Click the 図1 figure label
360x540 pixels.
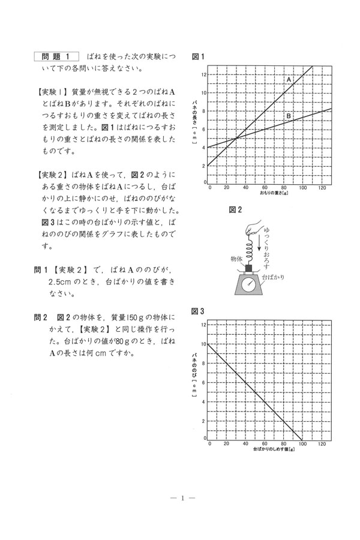(199, 57)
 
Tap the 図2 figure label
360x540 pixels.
(235, 209)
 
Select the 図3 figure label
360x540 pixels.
(199, 311)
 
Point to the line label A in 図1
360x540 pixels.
(289, 79)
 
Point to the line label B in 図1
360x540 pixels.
(288, 116)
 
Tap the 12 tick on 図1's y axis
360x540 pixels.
(204, 74)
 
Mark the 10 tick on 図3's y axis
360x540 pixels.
(204, 344)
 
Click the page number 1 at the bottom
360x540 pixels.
(180, 497)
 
